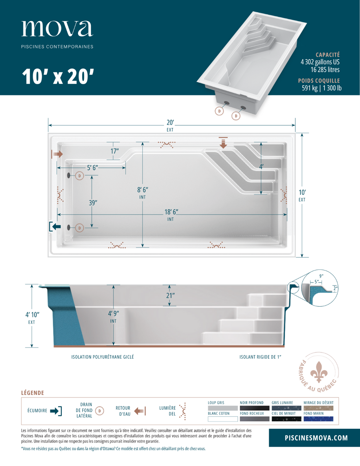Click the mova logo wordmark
(x=57, y=28)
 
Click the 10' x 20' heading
(x=58, y=76)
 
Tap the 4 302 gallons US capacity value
(x=320, y=62)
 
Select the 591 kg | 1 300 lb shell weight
(x=321, y=88)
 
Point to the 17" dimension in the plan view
(x=115, y=151)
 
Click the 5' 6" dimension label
(x=92, y=168)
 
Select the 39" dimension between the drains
(x=93, y=203)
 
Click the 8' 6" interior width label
(x=142, y=190)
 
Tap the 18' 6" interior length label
(x=171, y=212)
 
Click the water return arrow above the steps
(x=223, y=142)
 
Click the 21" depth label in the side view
(x=170, y=295)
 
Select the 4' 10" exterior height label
(x=32, y=315)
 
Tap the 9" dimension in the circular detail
(x=321, y=276)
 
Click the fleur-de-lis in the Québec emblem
(x=319, y=372)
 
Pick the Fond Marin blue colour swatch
(x=318, y=419)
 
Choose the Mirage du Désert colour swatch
(x=318, y=408)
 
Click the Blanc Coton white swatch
(x=223, y=419)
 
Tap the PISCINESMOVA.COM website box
(x=316, y=438)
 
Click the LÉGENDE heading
(x=32, y=393)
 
